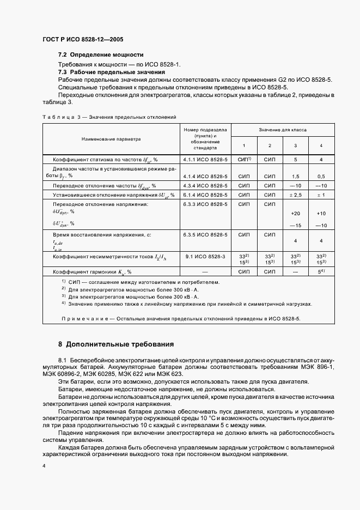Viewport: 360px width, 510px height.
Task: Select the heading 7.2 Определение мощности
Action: point(101,54)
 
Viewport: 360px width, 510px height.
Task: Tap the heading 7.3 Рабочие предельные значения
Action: point(111,72)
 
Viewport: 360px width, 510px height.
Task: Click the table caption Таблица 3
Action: point(60,117)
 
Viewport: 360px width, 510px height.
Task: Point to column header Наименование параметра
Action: point(111,139)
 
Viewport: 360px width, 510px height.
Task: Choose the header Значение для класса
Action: point(283,131)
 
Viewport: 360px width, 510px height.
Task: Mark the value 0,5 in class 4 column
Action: point(321,177)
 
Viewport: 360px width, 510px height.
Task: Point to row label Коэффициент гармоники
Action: point(92,271)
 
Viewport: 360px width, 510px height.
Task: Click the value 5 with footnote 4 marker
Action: point(321,271)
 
